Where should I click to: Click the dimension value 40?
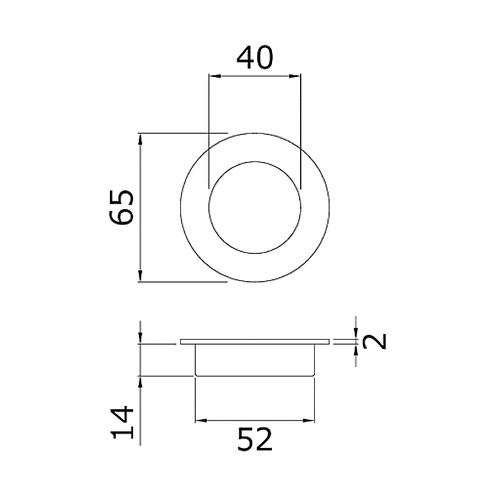[x=255, y=59]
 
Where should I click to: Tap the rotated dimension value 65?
[x=122, y=207]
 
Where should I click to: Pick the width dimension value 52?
[x=255, y=440]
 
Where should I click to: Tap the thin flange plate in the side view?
[x=255, y=341]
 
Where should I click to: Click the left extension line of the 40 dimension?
[x=208, y=124]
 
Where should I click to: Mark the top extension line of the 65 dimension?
[x=182, y=132]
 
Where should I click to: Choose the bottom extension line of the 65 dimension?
[x=182, y=282]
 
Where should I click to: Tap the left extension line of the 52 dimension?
[x=194, y=401]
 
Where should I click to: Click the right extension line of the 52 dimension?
[x=316, y=401]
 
